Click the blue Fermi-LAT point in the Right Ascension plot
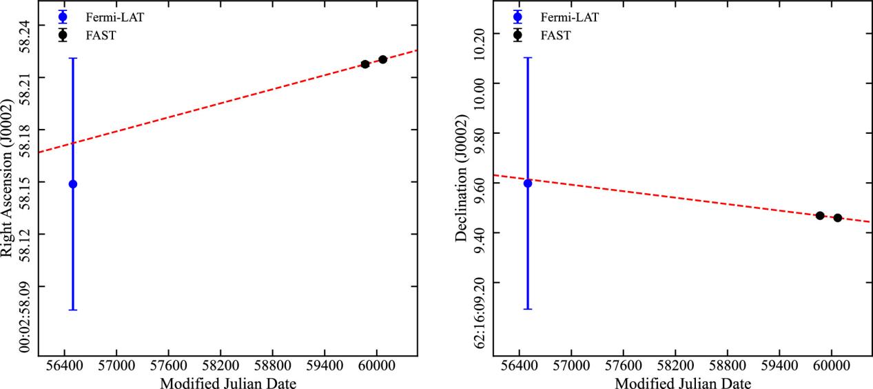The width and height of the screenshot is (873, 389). (x=73, y=184)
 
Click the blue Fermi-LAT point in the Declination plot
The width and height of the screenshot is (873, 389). (x=528, y=183)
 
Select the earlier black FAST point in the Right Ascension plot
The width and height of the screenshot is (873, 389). (x=365, y=64)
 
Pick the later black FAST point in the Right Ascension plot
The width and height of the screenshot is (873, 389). (x=382, y=59)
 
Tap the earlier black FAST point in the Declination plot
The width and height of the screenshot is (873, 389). (x=820, y=216)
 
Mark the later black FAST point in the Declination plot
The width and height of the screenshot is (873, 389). (x=837, y=218)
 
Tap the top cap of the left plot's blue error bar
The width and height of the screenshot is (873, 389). (x=73, y=58)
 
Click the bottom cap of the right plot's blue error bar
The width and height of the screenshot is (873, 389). (x=528, y=308)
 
